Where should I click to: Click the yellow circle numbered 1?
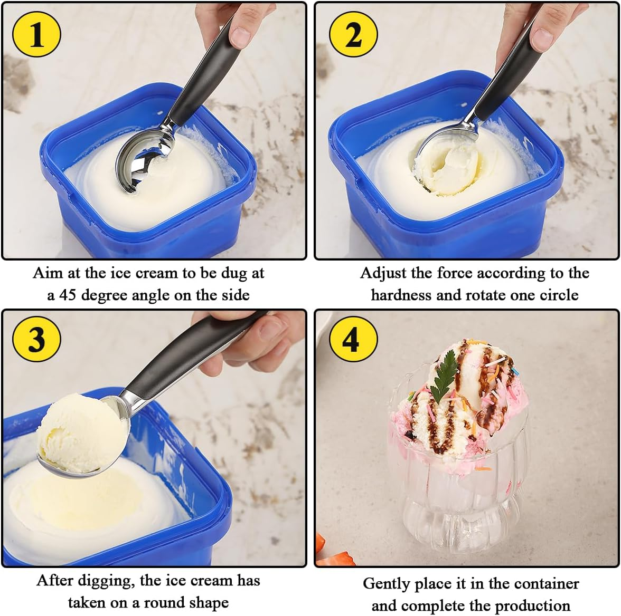(x=36, y=35)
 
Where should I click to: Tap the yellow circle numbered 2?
(x=353, y=35)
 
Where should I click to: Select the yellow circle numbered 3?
(x=36, y=338)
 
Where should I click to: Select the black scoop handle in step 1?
(x=206, y=79)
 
